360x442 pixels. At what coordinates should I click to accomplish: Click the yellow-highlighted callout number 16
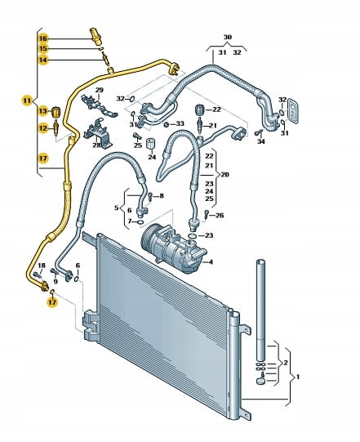tap(43, 38)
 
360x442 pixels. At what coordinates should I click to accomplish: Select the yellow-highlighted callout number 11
tap(27, 100)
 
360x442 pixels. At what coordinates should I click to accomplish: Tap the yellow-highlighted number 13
tap(43, 111)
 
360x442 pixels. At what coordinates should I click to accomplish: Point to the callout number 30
tap(228, 37)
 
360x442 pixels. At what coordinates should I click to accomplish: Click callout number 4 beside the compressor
tap(211, 262)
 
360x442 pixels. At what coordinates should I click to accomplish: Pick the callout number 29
tap(99, 90)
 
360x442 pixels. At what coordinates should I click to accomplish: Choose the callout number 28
tap(96, 145)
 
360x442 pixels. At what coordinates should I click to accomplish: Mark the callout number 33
tap(180, 123)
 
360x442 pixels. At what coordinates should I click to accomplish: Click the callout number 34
tap(261, 141)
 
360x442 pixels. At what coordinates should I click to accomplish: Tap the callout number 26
tap(220, 216)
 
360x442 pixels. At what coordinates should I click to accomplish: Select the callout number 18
tap(42, 266)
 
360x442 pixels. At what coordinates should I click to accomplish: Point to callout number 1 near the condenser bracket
tap(298, 377)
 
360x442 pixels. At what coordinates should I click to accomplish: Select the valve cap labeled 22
tap(200, 109)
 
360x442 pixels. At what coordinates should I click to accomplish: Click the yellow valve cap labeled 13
tap(56, 112)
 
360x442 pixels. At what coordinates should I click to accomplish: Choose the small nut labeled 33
tap(167, 124)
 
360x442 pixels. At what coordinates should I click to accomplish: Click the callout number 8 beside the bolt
tap(162, 195)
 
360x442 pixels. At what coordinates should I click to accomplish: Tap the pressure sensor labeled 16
tap(96, 36)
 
